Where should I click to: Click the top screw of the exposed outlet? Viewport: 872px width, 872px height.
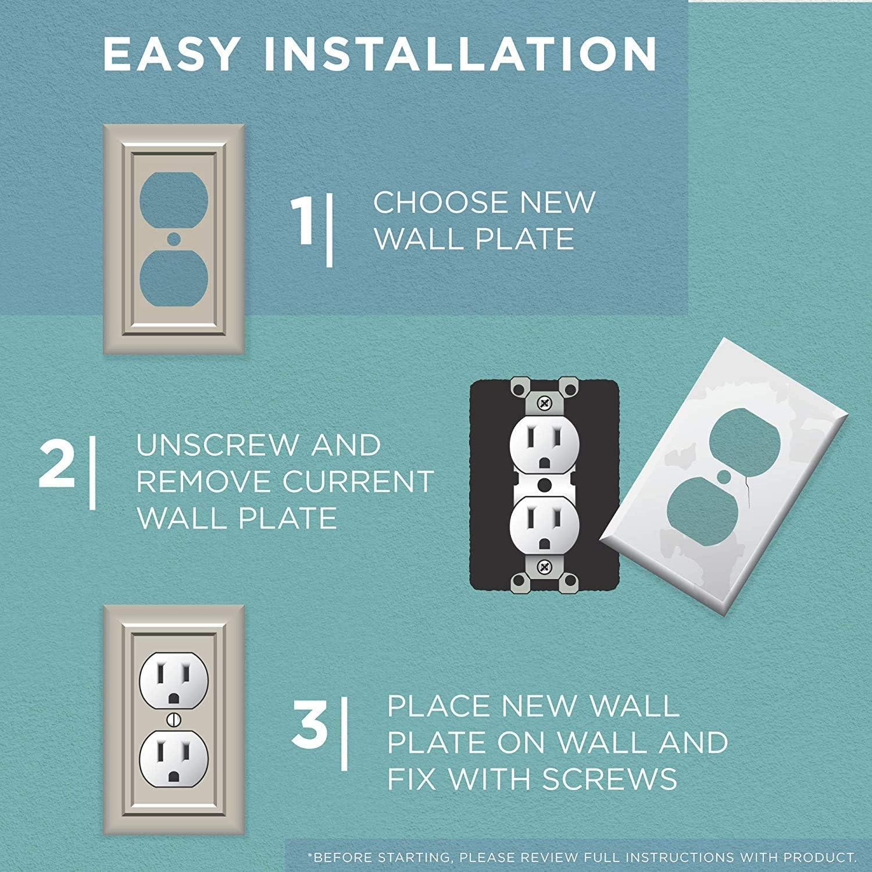[545, 402]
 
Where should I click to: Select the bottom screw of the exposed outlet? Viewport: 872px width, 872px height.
[545, 566]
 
